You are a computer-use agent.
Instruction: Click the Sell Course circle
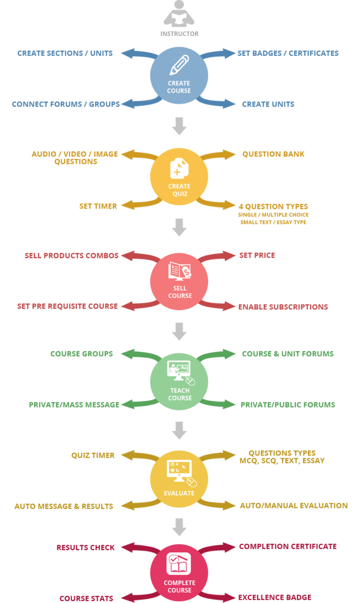coord(179,281)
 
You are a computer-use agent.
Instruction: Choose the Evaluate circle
coord(179,480)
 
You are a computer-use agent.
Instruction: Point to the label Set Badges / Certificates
coord(288,53)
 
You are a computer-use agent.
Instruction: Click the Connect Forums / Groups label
coord(66,104)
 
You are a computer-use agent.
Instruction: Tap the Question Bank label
coord(273,154)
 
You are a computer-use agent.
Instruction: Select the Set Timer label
coord(98,206)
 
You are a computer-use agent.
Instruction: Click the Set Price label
coord(257,256)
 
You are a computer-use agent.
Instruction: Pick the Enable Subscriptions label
coord(283,307)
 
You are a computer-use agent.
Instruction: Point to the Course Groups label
coord(82,354)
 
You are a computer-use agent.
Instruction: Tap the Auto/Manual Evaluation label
coord(293,506)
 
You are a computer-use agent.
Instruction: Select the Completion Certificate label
coord(287,547)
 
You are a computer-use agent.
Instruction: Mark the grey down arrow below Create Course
coord(179,127)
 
